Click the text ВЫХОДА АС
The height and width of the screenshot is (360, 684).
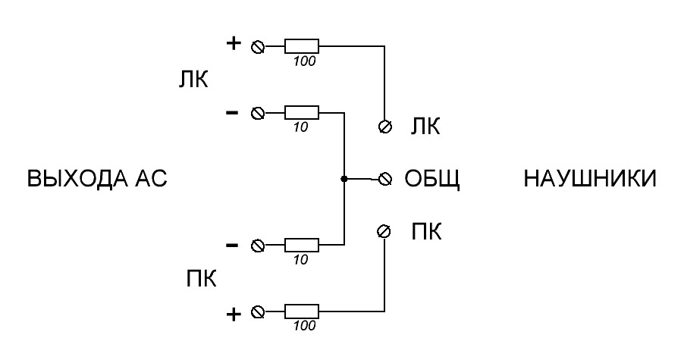pos(97,179)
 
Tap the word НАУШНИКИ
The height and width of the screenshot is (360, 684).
pos(590,179)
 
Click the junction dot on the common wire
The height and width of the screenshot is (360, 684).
pos(344,179)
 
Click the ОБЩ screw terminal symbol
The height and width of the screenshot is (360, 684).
pos(384,179)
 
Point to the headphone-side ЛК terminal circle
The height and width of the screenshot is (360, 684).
pos(384,127)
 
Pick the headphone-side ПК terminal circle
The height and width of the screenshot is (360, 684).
pos(384,231)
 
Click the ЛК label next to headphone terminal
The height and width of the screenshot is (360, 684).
pos(425,127)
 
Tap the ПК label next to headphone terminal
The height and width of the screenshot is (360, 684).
pos(426,231)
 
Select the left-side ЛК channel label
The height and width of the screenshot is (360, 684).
pos(193,80)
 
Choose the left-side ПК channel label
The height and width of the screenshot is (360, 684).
pos(202,278)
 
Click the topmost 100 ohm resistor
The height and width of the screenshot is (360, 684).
pos(302,45)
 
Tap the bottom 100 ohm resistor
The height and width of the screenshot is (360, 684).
pos(302,311)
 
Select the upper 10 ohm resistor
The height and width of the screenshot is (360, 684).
pos(302,113)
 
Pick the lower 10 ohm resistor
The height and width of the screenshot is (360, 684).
pos(302,246)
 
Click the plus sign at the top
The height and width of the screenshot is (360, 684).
pos(234,43)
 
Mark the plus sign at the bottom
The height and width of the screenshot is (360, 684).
pos(234,314)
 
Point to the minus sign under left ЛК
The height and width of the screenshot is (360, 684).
pos(232,113)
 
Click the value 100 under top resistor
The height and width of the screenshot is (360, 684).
pos(304,61)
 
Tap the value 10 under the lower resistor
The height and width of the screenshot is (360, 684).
pos(300,260)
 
